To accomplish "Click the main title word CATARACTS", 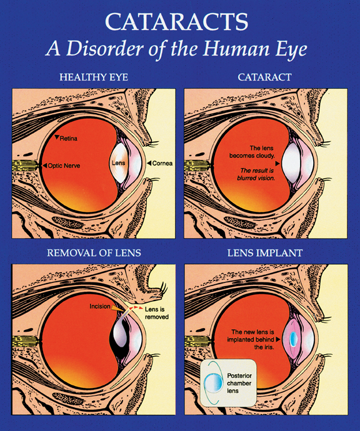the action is (176, 21).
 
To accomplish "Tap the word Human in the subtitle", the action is (236, 49).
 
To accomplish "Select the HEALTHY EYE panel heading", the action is (94, 77).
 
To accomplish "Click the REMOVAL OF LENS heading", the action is (94, 253).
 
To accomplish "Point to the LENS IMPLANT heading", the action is (265, 253).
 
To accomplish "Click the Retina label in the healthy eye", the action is (69, 138).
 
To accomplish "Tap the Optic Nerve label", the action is (64, 166).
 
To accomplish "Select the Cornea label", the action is (162, 163).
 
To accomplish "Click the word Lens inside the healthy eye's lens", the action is (119, 163).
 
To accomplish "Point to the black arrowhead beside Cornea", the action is (149, 163).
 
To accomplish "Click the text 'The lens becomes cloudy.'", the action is (252, 152).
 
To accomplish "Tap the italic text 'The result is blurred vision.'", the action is (256, 174).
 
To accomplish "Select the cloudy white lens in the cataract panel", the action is (291, 164).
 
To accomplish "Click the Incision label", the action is (100, 306).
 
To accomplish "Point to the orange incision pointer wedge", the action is (117, 309).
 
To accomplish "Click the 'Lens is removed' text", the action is (156, 313).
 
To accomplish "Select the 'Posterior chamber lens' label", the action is (239, 383).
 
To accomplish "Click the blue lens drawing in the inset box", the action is (213, 383).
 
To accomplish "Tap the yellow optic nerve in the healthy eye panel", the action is (24, 166).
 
